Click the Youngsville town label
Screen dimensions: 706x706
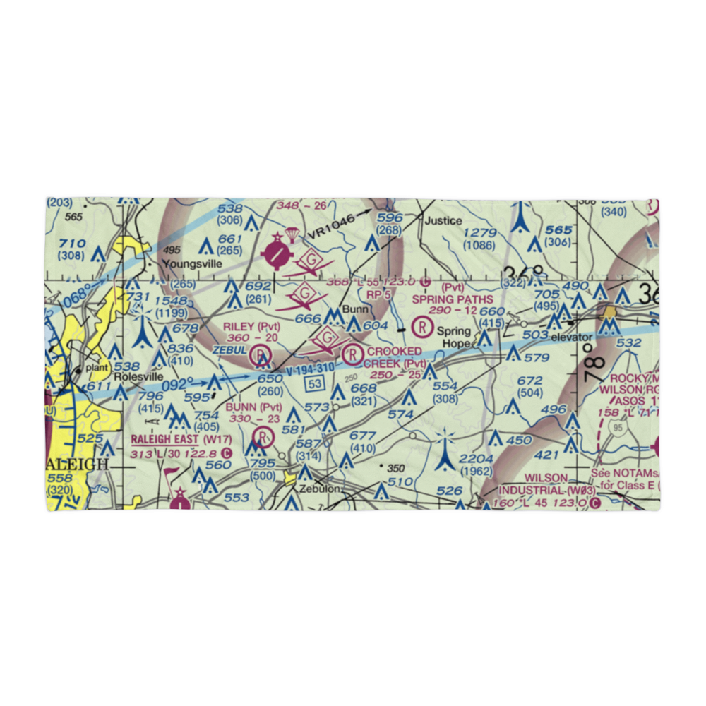click(x=192, y=264)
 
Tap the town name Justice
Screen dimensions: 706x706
click(x=443, y=221)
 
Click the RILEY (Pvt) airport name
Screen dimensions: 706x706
click(x=251, y=326)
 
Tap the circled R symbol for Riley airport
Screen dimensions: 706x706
click(x=261, y=354)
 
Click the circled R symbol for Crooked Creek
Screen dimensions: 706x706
click(x=353, y=353)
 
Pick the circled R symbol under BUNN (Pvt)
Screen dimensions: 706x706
click(x=263, y=437)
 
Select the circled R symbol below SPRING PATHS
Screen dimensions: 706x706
click(x=421, y=326)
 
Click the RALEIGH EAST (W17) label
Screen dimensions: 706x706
click(x=176, y=439)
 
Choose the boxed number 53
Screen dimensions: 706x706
click(x=315, y=383)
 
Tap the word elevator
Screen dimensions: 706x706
click(x=572, y=337)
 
